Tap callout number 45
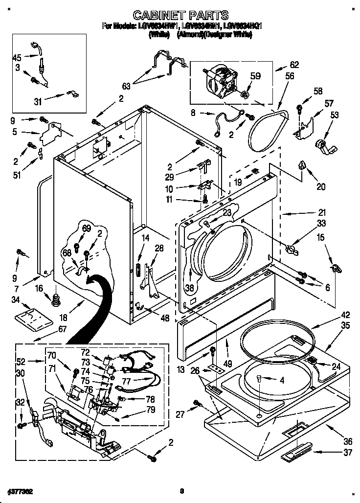point(17,58)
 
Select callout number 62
point(293,64)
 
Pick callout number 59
point(255,76)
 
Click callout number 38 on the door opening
point(189,288)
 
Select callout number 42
point(345,315)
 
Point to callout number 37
point(348,453)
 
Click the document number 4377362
point(20,490)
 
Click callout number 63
point(126,86)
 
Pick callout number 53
point(335,115)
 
